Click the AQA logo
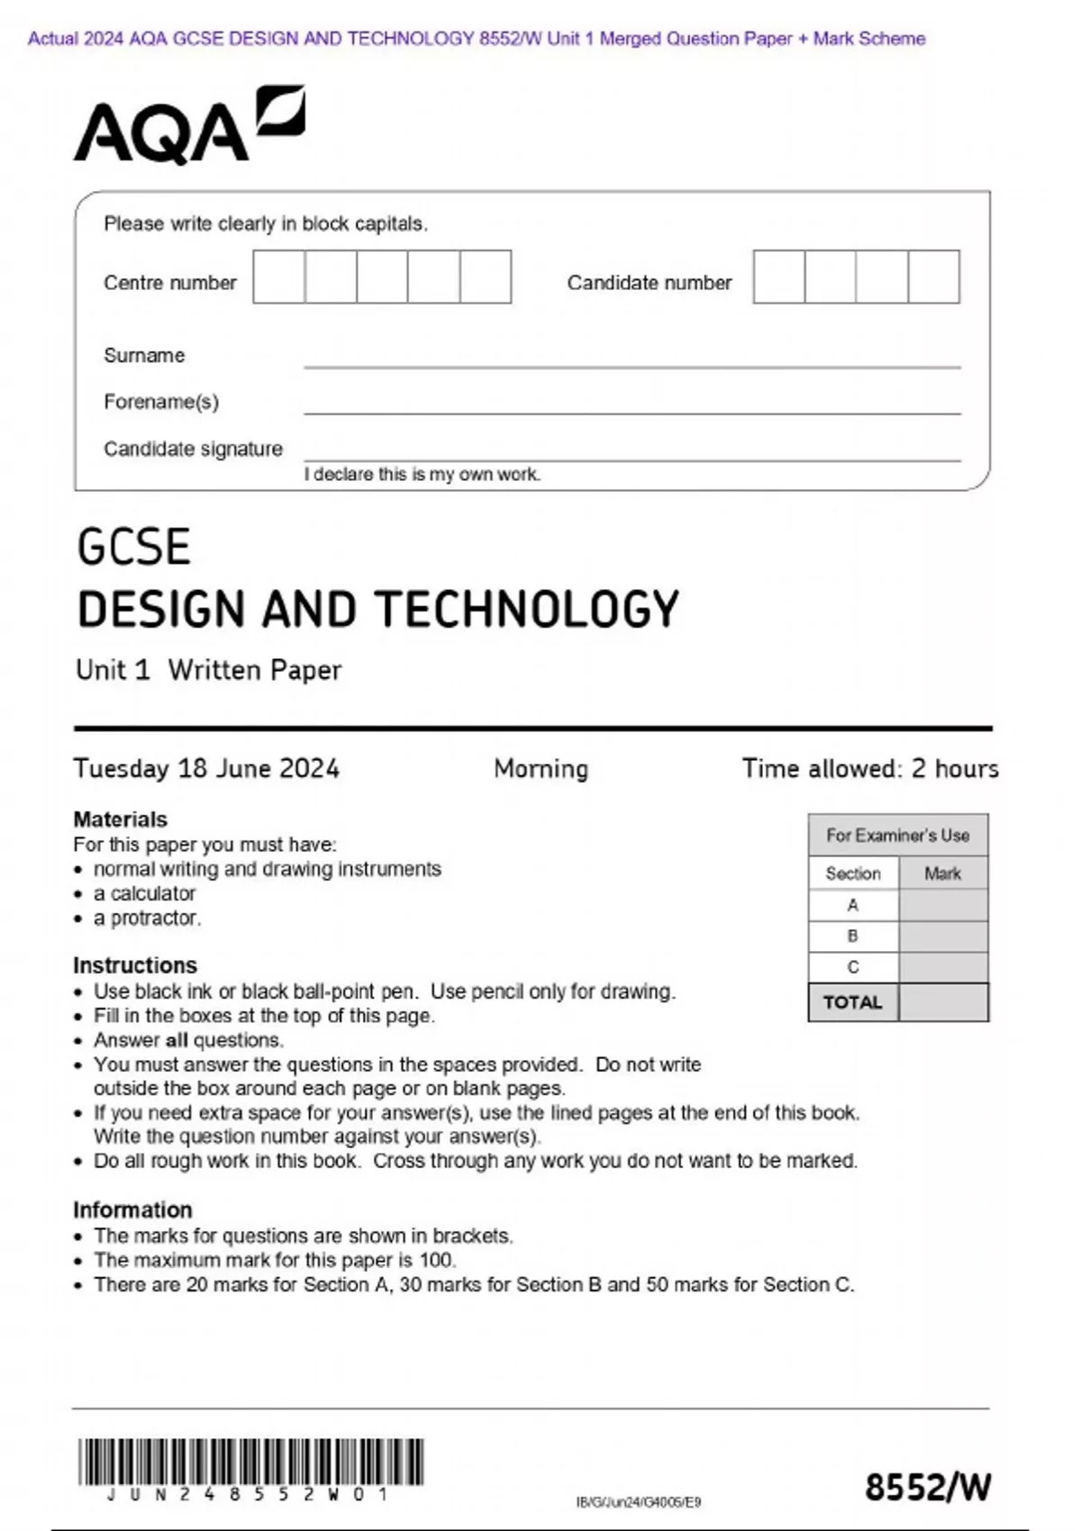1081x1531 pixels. (188, 126)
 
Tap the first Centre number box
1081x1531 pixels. (278, 277)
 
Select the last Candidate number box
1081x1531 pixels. (933, 277)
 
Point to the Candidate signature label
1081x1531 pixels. (193, 448)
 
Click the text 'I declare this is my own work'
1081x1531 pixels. (422, 475)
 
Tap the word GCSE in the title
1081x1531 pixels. (133, 548)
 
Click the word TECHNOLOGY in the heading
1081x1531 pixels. (527, 610)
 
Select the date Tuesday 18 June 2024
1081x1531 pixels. (206, 768)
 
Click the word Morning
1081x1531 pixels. (540, 768)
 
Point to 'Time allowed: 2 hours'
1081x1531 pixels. (869, 768)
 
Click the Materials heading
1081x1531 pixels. (120, 820)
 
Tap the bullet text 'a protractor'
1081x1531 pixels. (147, 918)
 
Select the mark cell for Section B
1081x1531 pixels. (942, 937)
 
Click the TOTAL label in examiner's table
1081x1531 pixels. (852, 1002)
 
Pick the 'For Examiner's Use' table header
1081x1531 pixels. (897, 836)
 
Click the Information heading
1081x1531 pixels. (132, 1209)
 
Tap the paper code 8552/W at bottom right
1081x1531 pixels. (927, 1487)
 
